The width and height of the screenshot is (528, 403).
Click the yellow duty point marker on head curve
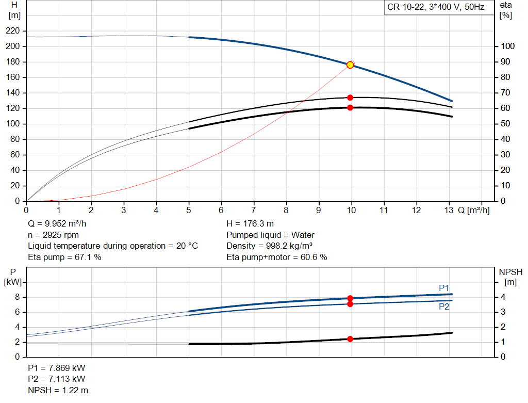click(x=350, y=65)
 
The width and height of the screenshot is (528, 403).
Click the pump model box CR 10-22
click(x=436, y=8)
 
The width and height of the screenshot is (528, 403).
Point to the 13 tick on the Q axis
click(x=449, y=210)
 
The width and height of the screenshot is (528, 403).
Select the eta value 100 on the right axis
click(x=508, y=46)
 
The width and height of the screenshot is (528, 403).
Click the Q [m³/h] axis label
click(x=474, y=210)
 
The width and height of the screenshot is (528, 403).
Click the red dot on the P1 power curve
click(x=350, y=298)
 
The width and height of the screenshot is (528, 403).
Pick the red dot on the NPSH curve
click(x=350, y=339)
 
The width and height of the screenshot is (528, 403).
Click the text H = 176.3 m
click(x=251, y=224)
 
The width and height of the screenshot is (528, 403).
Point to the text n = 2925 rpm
click(x=54, y=235)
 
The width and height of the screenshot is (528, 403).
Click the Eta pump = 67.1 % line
click(x=64, y=257)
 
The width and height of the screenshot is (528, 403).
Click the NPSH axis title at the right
click(x=510, y=272)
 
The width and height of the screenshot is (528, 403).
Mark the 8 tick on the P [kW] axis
click(x=17, y=297)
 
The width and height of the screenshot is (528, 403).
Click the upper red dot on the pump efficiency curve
click(x=350, y=98)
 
